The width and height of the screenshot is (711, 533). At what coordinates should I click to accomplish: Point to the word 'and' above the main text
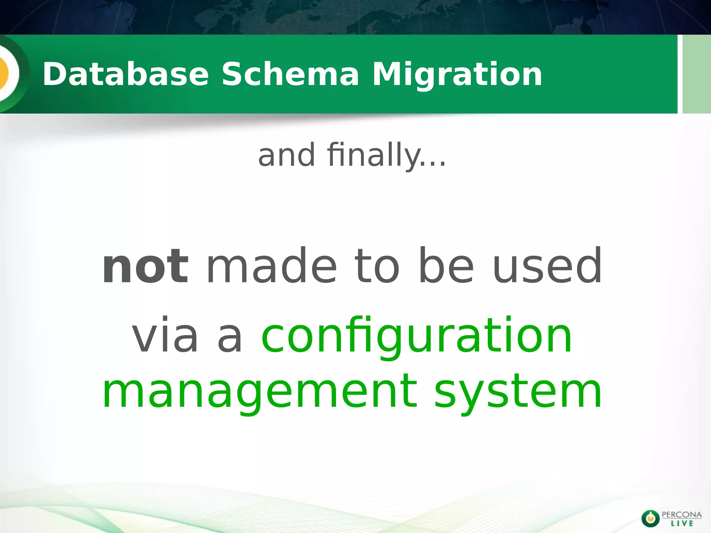tap(287, 155)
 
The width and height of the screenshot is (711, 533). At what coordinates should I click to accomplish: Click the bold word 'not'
tap(145, 266)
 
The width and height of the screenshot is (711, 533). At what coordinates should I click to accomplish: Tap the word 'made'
tap(272, 266)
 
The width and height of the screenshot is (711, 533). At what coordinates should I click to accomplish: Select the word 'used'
tap(547, 266)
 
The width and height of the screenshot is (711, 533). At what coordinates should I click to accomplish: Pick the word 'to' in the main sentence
tap(377, 266)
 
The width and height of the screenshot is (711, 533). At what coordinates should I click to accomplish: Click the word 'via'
tap(165, 336)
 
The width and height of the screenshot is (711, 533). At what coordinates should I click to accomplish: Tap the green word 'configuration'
tap(417, 336)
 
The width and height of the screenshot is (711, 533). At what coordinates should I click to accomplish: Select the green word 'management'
tap(260, 391)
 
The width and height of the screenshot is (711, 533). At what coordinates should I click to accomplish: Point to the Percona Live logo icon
tap(650, 518)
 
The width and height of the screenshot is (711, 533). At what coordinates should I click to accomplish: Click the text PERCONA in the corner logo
tap(682, 515)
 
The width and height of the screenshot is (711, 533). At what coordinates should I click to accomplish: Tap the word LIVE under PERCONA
tap(682, 523)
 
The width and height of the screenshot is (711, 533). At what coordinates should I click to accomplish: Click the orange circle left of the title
tap(4, 74)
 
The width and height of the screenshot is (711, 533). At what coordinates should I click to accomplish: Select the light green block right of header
tap(696, 74)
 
